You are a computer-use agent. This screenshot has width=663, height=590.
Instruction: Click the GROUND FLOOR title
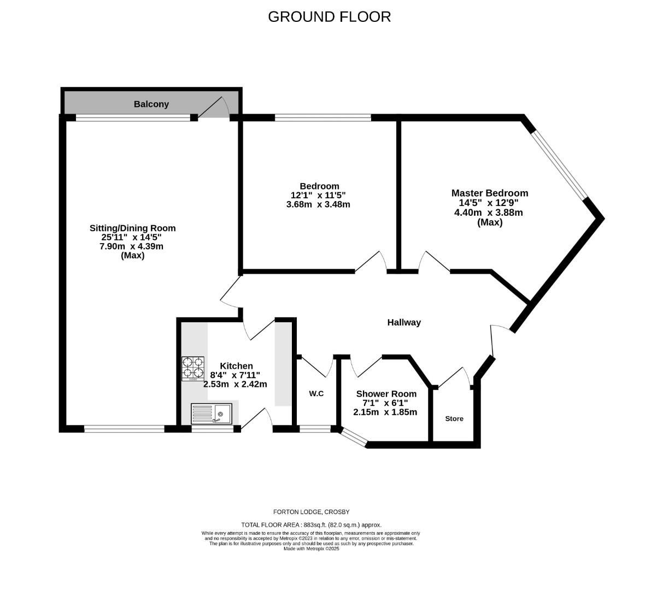point(329,17)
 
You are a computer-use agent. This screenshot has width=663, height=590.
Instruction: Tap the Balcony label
point(151,104)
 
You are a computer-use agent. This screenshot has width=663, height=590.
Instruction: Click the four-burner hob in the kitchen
point(193,369)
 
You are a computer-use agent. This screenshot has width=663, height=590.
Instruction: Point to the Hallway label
point(404,322)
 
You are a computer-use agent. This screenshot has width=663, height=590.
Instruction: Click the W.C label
point(316,393)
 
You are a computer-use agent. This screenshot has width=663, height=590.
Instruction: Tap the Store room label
point(454,418)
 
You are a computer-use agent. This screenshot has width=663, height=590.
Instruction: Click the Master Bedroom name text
point(489,193)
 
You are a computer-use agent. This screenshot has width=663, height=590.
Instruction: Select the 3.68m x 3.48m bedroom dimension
point(318,204)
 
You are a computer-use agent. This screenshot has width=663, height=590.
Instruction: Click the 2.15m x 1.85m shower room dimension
point(385,412)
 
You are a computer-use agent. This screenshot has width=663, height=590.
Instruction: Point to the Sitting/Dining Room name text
point(133,228)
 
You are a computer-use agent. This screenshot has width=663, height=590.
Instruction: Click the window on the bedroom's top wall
point(322,117)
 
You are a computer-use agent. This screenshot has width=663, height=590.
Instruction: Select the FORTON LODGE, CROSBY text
point(311,512)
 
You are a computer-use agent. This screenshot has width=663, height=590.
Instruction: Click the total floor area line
point(311,524)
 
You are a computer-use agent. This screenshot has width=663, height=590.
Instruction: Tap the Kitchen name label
point(236,366)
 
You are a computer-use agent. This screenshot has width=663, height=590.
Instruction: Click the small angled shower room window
point(353,438)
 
